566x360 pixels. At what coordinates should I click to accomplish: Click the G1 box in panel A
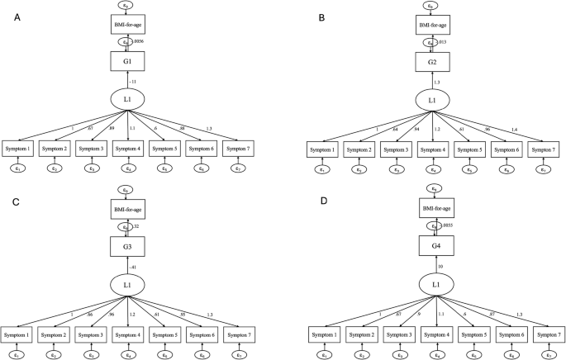127,61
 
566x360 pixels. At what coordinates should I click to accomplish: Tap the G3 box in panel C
128,246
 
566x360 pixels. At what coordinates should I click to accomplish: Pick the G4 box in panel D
430,246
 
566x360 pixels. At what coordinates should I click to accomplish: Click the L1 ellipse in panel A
127,99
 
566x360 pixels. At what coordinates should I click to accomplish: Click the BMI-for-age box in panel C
128,210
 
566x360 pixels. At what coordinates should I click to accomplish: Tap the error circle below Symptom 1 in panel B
321,169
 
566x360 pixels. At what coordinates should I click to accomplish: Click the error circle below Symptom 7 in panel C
238,354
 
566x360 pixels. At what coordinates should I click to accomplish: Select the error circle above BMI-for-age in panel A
127,5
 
